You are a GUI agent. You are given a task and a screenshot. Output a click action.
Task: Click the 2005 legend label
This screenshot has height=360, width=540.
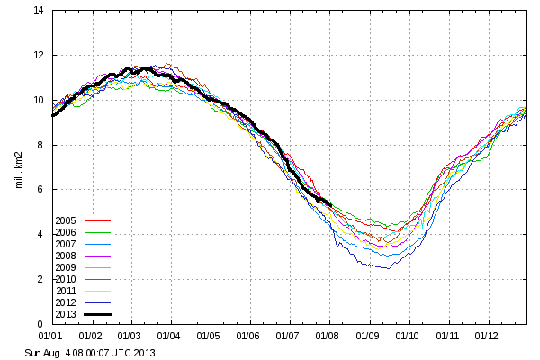tap(66, 220)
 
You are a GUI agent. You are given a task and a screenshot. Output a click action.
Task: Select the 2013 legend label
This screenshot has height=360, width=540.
tap(66, 313)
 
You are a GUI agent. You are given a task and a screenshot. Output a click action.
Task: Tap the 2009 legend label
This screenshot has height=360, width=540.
tap(66, 266)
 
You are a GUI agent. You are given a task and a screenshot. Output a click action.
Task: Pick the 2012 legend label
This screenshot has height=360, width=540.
tap(66, 301)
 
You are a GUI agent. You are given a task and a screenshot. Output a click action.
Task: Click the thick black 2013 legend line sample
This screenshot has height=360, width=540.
tap(97, 313)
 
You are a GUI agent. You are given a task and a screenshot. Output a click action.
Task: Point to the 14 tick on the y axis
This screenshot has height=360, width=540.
tap(39, 11)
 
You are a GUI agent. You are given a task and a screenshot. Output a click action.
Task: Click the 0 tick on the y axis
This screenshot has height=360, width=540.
tap(41, 324)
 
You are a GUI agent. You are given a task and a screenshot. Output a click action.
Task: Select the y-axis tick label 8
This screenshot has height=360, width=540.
tap(41, 145)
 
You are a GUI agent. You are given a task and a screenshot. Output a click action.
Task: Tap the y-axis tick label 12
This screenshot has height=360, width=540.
tap(39, 56)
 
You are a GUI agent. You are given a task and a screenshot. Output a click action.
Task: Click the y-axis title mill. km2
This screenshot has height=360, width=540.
tap(19, 167)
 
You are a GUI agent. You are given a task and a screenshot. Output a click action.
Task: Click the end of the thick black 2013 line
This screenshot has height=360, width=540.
tap(332, 205)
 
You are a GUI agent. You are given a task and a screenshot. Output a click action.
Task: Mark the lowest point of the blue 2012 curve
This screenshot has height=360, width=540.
tap(388, 268)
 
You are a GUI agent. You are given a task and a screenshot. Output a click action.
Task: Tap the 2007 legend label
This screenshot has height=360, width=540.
tap(66, 243)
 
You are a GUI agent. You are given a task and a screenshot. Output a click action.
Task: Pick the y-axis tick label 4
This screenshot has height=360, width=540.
tap(41, 235)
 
